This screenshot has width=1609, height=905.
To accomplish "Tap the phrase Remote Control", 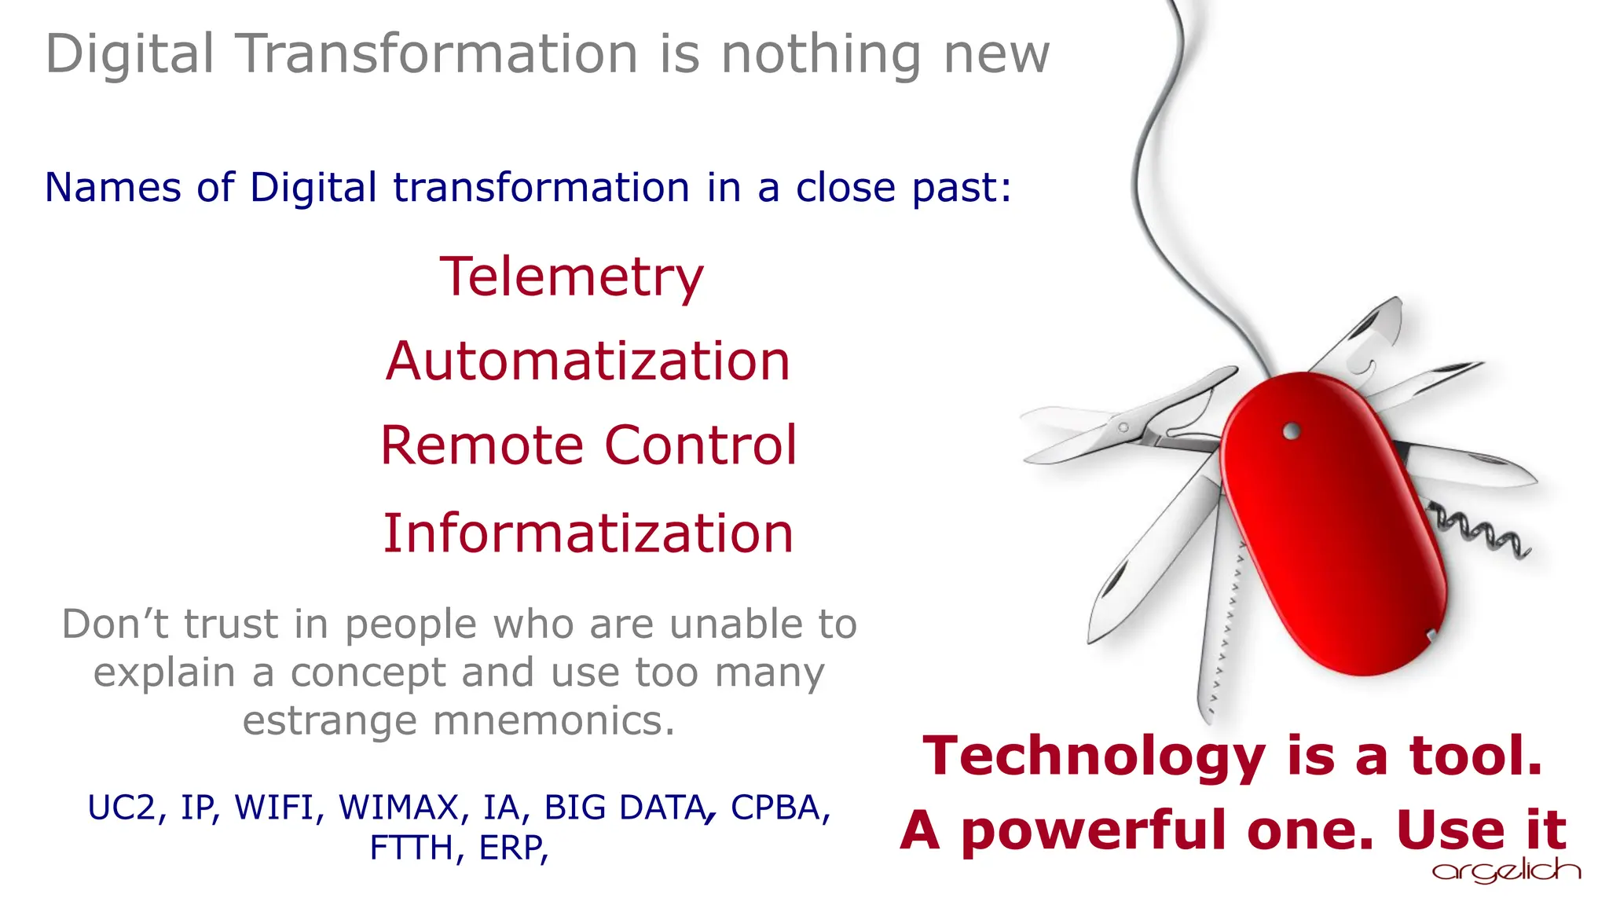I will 588,445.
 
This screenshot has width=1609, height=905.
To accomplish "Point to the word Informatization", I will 588,533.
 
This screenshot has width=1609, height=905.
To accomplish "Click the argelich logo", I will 1505,870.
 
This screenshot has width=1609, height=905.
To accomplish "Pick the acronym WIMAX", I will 398,808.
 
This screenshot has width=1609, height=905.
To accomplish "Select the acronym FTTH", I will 411,848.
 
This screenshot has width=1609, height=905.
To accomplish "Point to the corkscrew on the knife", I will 1479,536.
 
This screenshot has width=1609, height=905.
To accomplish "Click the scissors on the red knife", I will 1131,425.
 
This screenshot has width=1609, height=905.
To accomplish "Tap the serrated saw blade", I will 1222,621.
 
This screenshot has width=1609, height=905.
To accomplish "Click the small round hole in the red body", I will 1292,431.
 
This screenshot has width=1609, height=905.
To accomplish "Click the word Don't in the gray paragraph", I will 115,625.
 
